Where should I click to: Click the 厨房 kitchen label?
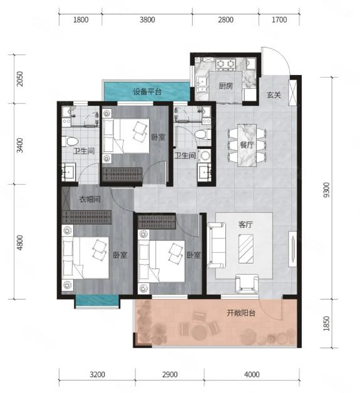click(x=226, y=86)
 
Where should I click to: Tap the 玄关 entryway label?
click(x=274, y=95)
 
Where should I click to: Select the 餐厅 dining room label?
click(x=247, y=145)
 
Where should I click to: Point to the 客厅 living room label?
click(x=245, y=224)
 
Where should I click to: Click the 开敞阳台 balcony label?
click(x=241, y=313)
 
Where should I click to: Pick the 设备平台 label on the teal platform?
click(x=147, y=92)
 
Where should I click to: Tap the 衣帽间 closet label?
click(x=90, y=199)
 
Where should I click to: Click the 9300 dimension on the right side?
click(x=326, y=190)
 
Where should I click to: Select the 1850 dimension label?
click(x=326, y=324)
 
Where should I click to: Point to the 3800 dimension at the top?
click(x=147, y=19)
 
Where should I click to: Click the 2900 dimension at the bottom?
click(x=170, y=374)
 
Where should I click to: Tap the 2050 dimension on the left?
click(x=19, y=79)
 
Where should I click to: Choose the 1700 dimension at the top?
click(x=279, y=19)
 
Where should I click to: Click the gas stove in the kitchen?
click(x=225, y=64)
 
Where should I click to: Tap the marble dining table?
click(x=247, y=145)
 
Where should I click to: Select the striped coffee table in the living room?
click(x=245, y=248)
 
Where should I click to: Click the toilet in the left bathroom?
click(x=71, y=141)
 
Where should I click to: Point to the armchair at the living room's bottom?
click(x=247, y=283)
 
